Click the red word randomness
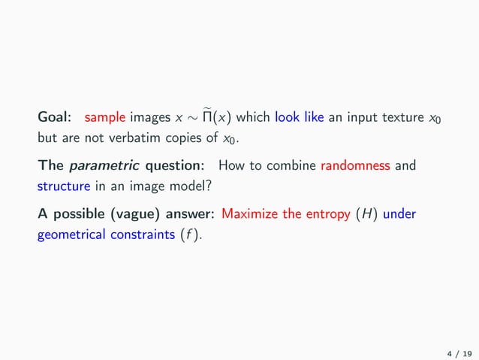(x=354, y=167)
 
